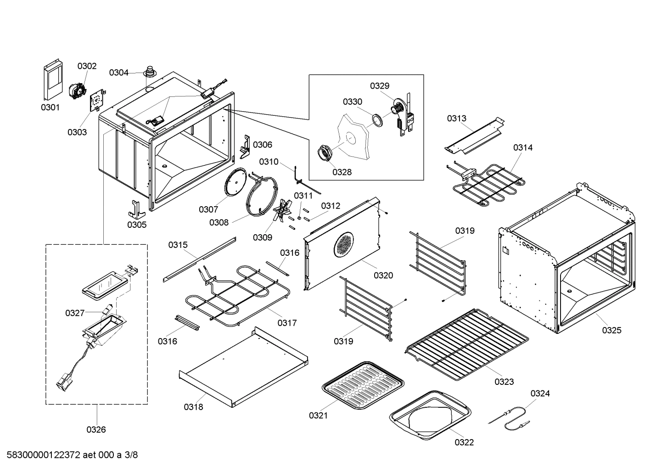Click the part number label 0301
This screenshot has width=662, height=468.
pos(50,108)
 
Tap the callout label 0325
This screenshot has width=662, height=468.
pos(612,330)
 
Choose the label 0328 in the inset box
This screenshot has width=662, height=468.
pos(342,172)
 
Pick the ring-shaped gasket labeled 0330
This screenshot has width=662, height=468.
pos(377,120)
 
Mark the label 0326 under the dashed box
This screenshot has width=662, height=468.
pos(96,430)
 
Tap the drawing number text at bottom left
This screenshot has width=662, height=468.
pos(69,455)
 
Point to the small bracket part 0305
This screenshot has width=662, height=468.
pos(136,209)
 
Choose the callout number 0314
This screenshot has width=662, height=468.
pos(523,147)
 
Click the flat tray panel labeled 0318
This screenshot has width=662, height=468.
pos(243,367)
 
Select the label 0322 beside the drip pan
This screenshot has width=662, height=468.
pos(464,442)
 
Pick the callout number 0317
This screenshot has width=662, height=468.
pos(287,323)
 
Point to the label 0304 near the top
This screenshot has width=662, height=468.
pos(118,73)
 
